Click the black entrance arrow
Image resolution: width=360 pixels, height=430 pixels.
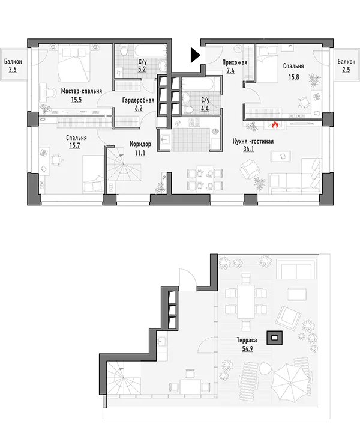tap(196, 55)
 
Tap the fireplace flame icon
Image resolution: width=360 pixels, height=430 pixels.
tap(274, 125)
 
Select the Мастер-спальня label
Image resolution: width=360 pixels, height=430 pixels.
tap(82, 91)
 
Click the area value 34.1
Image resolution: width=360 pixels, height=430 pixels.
tap(248, 149)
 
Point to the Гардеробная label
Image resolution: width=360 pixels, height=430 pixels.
tap(138, 100)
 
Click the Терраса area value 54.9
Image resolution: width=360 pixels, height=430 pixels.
tap(247, 348)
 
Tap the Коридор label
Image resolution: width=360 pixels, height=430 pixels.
tap(140, 144)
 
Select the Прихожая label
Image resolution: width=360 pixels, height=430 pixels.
tap(235, 63)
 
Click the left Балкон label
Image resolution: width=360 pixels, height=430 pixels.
tap(13, 62)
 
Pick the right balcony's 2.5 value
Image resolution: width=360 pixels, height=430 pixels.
tap(346, 70)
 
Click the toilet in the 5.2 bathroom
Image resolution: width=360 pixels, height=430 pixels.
tap(124, 51)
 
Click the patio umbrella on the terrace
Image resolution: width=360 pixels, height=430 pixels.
tap(290, 383)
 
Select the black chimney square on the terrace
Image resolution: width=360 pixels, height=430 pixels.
tap(275, 338)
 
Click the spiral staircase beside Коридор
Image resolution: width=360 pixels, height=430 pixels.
tap(123, 164)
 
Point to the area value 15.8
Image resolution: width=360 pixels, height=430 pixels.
tap(293, 77)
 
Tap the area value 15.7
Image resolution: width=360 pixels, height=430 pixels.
tap(74, 145)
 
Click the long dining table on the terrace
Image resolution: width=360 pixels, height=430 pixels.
tap(246, 301)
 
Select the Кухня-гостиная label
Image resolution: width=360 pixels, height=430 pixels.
tap(253, 141)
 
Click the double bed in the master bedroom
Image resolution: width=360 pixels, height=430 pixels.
tap(74, 64)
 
